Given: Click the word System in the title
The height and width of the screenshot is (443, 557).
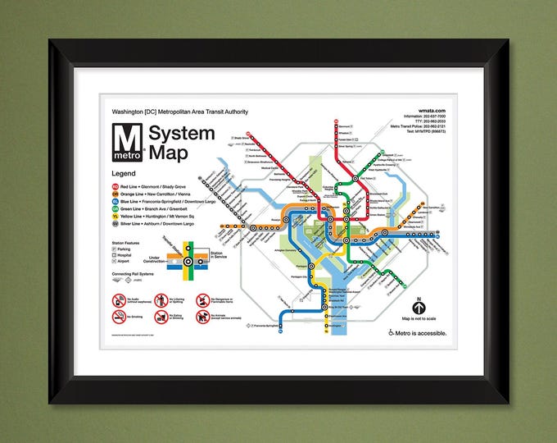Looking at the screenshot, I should point(183,134).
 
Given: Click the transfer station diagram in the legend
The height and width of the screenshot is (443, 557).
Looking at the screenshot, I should point(188,263).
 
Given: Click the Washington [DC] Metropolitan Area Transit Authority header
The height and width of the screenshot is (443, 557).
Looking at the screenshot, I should point(185,111).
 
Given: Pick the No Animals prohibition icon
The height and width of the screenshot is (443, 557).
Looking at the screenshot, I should point(202,314).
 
